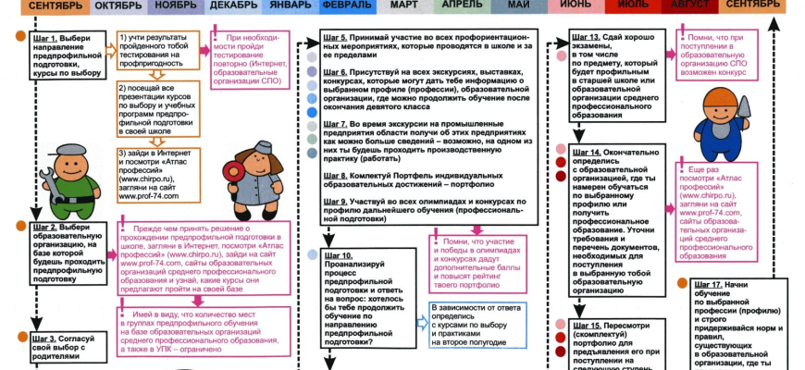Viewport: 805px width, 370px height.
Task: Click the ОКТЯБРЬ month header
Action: (118, 6)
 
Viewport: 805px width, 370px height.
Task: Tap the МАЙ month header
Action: (518, 6)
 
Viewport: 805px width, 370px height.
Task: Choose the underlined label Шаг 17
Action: (710, 283)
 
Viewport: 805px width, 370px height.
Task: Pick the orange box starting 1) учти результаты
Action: (153, 55)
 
